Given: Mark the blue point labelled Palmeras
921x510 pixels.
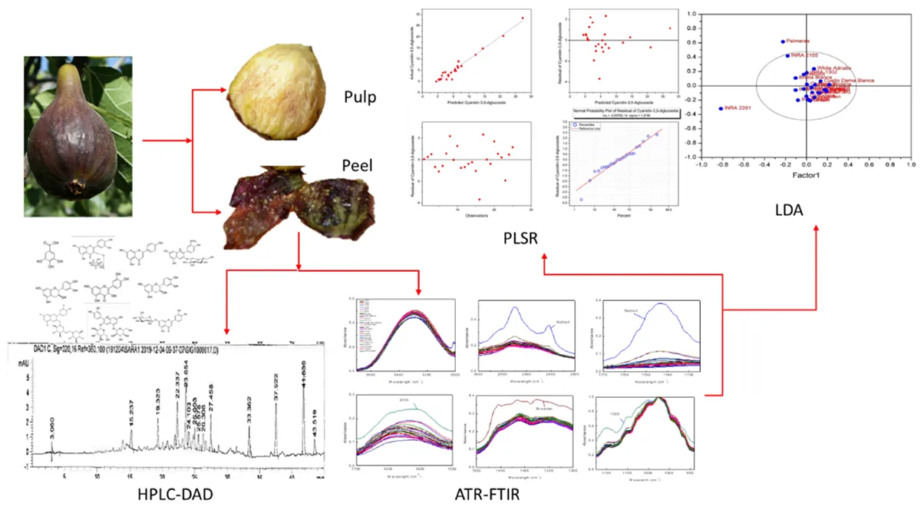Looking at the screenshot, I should (783, 41).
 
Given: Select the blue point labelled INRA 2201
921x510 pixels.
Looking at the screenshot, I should (721, 108).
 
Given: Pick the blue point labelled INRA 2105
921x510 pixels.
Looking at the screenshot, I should (787, 55).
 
